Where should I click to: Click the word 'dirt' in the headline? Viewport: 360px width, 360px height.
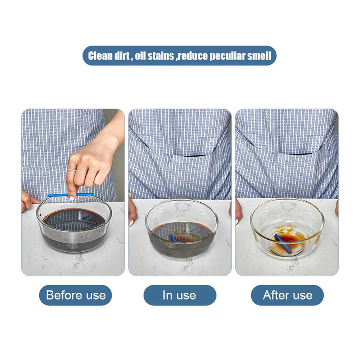pos(122,56)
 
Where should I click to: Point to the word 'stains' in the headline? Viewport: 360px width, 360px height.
pos(161,56)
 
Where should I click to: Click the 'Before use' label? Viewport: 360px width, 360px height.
pos(76,295)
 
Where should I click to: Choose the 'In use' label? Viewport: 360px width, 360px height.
pos(180,295)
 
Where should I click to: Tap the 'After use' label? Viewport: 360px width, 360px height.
pos(287,295)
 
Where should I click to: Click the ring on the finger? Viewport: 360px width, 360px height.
pos(71,170)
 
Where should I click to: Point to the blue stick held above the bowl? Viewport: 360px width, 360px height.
pos(71,195)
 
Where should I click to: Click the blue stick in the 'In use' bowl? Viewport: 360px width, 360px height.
pos(174,238)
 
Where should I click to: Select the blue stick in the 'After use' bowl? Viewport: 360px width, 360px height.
pos(283,243)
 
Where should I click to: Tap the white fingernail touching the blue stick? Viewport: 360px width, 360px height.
pos(72,198)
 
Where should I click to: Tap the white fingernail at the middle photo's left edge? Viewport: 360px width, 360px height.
pos(131,223)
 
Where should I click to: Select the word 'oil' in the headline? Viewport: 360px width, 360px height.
pos(140,56)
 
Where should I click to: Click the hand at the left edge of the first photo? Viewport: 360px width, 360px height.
pos(28,199)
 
